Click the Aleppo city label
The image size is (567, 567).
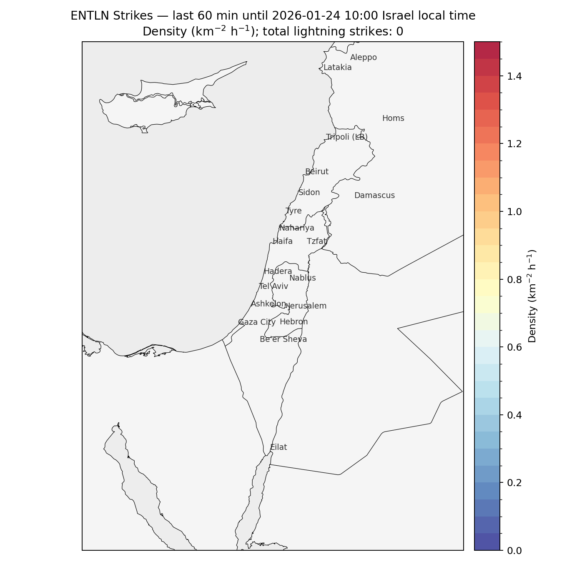pyautogui.click(x=363, y=58)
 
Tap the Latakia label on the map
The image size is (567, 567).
pyautogui.click(x=337, y=68)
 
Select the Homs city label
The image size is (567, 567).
pyautogui.click(x=393, y=118)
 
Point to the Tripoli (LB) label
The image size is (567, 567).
pyautogui.click(x=346, y=137)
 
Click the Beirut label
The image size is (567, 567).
pyautogui.click(x=316, y=172)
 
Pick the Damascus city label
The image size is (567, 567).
pyautogui.click(x=374, y=196)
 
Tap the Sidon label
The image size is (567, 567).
pyautogui.click(x=309, y=193)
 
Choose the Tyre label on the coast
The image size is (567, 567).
pyautogui.click(x=294, y=211)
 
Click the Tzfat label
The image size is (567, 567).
pyautogui.click(x=317, y=241)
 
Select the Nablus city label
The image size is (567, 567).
pyautogui.click(x=302, y=278)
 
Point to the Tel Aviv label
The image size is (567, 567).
pyautogui.click(x=273, y=286)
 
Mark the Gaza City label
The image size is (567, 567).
pyautogui.click(x=256, y=322)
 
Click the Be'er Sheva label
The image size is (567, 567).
pyautogui.click(x=283, y=339)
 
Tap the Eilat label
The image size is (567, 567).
pyautogui.click(x=278, y=447)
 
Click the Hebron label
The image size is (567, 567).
pyautogui.click(x=294, y=322)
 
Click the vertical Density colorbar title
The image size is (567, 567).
pyautogui.click(x=532, y=296)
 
